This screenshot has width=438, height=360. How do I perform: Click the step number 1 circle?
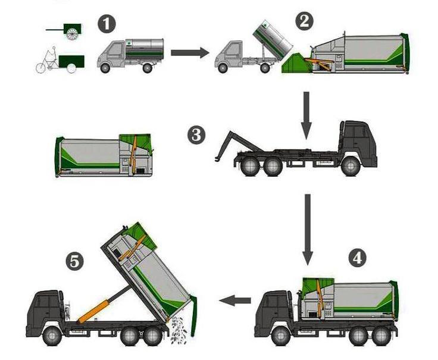click(107, 24)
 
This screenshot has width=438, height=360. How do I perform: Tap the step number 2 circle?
click(305, 21)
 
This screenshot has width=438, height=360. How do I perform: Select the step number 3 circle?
click(196, 135)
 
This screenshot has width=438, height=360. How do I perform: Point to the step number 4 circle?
click(358, 258)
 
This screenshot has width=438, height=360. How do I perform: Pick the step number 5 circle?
click(74, 262)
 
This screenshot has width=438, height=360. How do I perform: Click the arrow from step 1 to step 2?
click(190, 52)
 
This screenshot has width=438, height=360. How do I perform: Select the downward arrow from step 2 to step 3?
click(306, 115)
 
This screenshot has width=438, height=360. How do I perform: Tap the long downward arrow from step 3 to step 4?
click(308, 230)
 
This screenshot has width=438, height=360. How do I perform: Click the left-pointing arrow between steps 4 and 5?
click(235, 300)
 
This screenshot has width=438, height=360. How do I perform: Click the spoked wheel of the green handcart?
click(72, 33)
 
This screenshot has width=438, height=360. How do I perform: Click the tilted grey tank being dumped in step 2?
click(273, 38)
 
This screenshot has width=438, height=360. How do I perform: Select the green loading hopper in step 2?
click(296, 64)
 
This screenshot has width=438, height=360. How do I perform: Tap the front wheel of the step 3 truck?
click(351, 167)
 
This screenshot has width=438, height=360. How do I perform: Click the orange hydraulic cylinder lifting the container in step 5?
click(93, 311)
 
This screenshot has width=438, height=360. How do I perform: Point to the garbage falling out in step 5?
click(179, 330)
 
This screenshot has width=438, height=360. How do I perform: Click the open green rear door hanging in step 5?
click(193, 315)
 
